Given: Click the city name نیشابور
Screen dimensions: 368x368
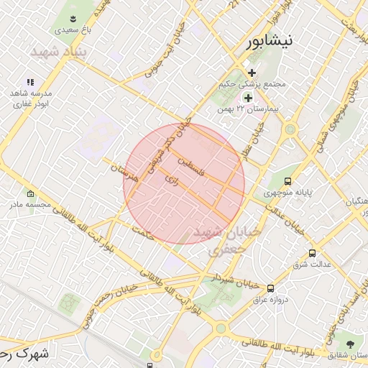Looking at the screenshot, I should point(270,41).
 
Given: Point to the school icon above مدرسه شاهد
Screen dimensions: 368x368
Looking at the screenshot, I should point(30,82).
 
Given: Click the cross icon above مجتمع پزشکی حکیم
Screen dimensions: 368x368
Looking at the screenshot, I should point(252,73).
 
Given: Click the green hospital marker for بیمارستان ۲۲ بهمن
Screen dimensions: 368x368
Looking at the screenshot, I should point(249,97).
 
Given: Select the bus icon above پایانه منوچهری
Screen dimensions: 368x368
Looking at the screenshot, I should point(288,181).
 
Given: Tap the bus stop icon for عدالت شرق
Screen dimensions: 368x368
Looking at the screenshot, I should point(312,253).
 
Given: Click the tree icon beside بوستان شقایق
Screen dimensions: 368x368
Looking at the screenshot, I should point(351,344).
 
